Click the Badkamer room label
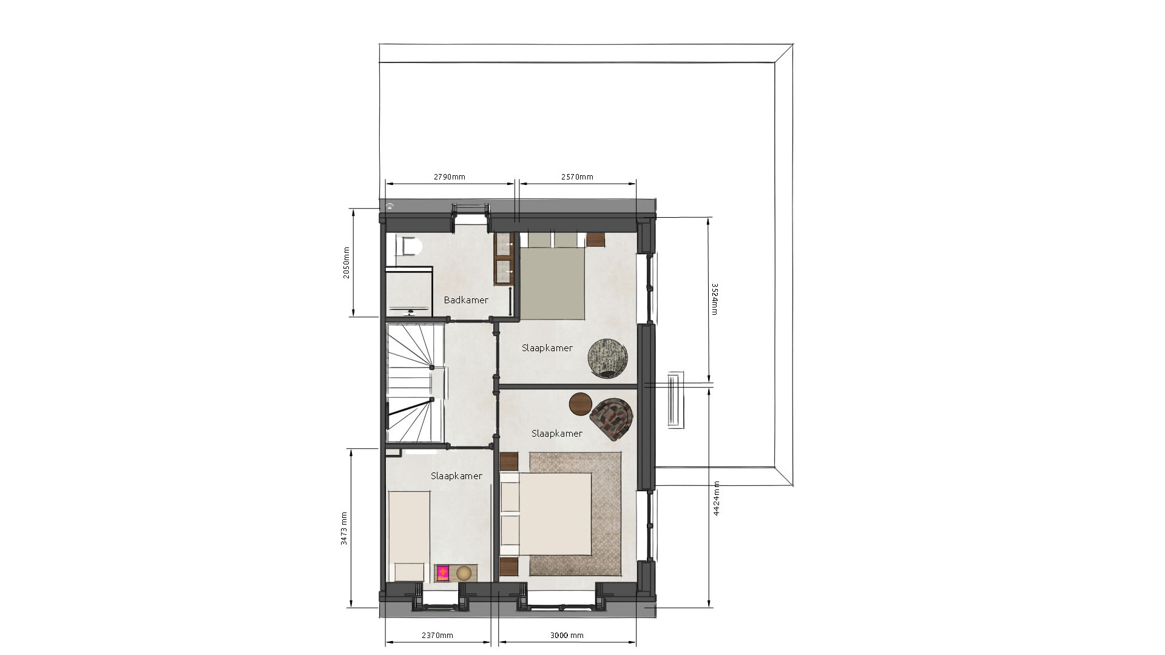(466, 300)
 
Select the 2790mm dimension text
(450, 177)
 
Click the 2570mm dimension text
(577, 177)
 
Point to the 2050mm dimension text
(346, 262)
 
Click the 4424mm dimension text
(717, 498)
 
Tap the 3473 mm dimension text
(344, 529)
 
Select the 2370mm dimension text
(437, 636)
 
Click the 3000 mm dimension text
(567, 636)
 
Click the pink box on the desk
(443, 573)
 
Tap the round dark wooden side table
(581, 404)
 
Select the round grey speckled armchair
(608, 357)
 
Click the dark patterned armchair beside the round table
(612, 419)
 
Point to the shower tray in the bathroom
(409, 290)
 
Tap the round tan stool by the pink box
(464, 573)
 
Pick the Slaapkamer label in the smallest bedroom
(456, 476)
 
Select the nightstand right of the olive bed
(596, 240)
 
